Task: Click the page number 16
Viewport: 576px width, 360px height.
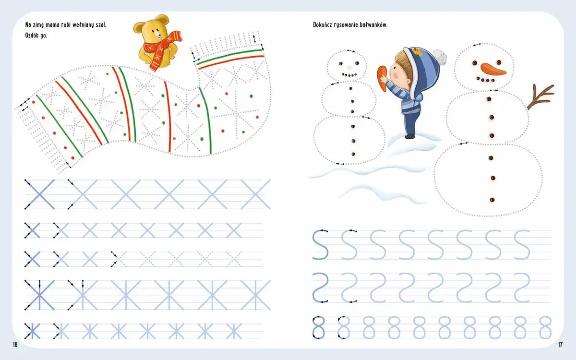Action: pos(15,345)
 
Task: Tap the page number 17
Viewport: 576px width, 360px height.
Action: pos(560,345)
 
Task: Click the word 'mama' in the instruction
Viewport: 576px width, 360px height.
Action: pos(52,25)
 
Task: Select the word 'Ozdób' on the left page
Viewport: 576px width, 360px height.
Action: pos(31,35)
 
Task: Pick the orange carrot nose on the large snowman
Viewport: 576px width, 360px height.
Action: pos(493,69)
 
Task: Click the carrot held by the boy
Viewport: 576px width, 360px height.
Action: pos(382,78)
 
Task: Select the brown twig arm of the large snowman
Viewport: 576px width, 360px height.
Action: pos(540,96)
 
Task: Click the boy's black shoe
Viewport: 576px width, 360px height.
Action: pos(410,136)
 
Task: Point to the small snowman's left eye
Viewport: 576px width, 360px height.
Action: pos(341,63)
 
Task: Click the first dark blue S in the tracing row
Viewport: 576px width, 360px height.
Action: pos(321,244)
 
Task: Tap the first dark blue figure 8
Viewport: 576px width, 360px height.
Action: pos(319,327)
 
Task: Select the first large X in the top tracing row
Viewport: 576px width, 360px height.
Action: pos(39,194)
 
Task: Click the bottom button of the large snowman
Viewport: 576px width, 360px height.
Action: pos(492,200)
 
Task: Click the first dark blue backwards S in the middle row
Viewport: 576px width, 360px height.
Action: pos(321,288)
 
